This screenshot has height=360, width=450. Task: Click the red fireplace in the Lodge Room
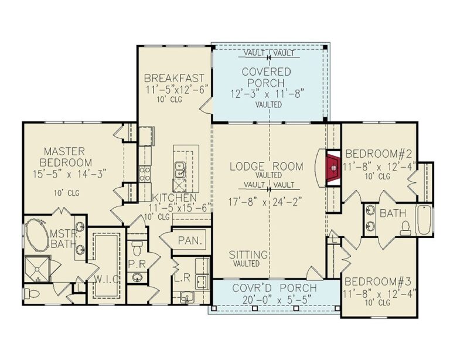coord(333,168)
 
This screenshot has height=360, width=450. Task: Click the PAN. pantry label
coord(191,240)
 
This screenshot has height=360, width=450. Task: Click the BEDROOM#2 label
coord(380,155)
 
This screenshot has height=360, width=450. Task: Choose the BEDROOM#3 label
coord(380,281)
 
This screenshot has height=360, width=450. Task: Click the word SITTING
coord(248,255)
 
